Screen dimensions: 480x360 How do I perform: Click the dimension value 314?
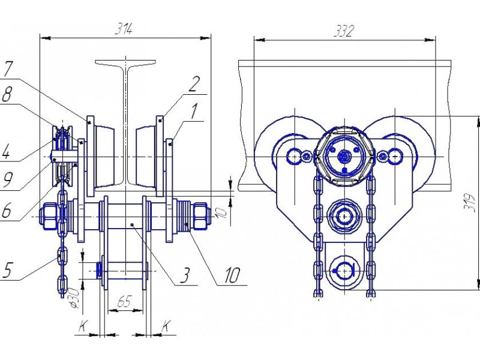click(124, 29)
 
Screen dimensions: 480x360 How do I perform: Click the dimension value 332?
click(343, 31)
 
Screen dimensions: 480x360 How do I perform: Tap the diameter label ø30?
click(74, 298)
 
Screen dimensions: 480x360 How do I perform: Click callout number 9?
click(7, 179)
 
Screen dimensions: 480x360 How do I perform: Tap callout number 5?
click(7, 269)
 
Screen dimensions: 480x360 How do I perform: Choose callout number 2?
click(194, 84)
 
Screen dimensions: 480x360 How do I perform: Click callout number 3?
click(185, 275)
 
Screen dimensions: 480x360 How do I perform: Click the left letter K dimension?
click(82, 326)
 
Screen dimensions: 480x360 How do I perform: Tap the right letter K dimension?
click(166, 326)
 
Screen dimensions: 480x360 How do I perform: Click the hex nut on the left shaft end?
click(50, 217)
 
